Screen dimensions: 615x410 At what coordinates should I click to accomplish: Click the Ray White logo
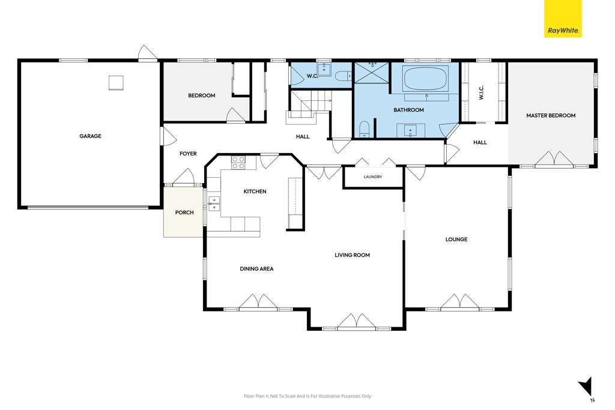tap(563, 19)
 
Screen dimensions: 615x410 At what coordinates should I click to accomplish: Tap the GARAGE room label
tap(90, 136)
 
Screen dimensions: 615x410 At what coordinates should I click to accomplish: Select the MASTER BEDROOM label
tap(551, 116)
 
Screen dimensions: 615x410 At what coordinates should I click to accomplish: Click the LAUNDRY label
tap(372, 176)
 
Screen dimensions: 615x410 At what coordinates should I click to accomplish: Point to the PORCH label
tap(184, 213)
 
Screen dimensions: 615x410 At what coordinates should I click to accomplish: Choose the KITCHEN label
tap(255, 191)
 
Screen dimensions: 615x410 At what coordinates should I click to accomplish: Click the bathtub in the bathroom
tap(426, 79)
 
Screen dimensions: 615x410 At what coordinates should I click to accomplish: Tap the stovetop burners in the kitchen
tap(238, 163)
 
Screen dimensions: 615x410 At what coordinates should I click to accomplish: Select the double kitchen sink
tap(214, 204)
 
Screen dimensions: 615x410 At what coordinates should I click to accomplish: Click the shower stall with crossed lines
tap(371, 73)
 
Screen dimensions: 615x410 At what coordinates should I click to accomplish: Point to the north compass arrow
tap(587, 387)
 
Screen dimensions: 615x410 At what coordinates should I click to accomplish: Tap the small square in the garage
tap(116, 83)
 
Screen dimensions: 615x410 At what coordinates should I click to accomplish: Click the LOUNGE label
tap(456, 239)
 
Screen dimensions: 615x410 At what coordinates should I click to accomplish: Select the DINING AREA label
tap(256, 268)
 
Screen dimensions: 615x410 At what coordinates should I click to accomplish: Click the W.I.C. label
tap(481, 92)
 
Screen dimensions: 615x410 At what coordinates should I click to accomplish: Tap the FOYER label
tap(188, 154)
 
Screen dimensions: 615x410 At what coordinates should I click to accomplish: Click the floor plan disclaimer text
tap(307, 396)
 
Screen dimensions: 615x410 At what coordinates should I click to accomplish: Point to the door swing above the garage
tap(148, 53)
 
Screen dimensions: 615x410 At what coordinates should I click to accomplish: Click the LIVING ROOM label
tap(352, 255)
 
